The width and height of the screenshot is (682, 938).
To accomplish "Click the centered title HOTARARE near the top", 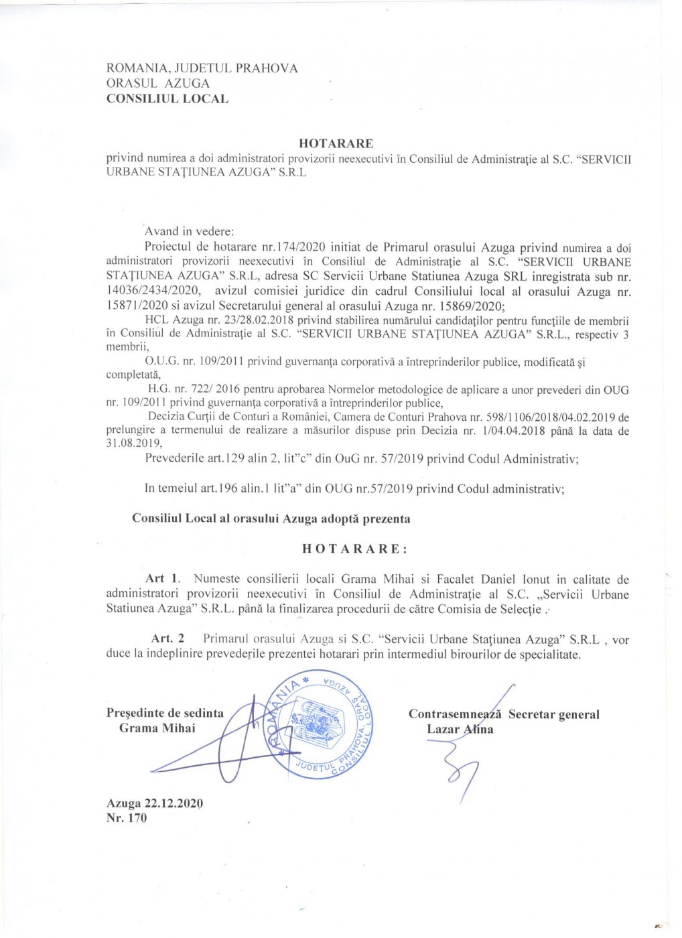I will click(x=336, y=143).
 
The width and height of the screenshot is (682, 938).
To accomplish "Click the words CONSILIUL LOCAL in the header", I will click(x=167, y=99).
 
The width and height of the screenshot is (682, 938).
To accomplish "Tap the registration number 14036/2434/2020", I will click(x=153, y=291).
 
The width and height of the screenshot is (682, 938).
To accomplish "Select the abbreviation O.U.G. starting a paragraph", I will click(x=161, y=362).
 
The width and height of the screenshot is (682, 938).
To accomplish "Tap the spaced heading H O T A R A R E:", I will click(x=354, y=549).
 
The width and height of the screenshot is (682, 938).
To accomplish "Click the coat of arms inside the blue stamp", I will click(x=320, y=724).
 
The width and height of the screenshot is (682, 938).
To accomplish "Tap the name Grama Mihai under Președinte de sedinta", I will click(x=157, y=728).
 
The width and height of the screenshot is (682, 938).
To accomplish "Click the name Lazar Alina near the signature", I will click(x=460, y=730).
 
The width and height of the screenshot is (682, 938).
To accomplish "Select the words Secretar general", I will click(x=553, y=714).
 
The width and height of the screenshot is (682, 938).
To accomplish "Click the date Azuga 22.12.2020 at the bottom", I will click(x=154, y=803).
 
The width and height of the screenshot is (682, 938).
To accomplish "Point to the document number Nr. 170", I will click(x=126, y=818).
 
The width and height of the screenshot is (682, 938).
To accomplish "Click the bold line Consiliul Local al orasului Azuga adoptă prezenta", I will click(x=271, y=519).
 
